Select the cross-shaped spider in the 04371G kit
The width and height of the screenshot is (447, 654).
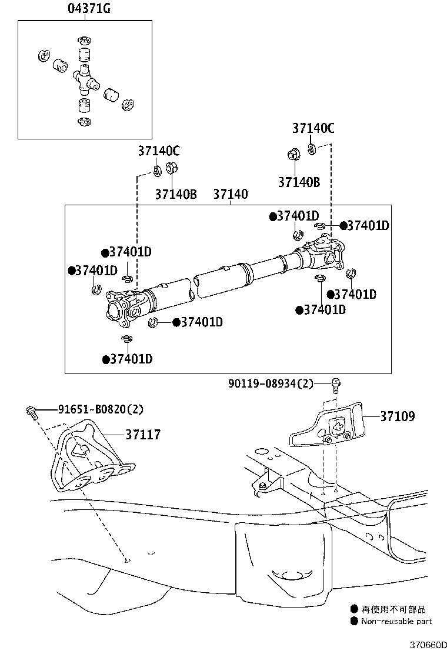pyautogui.click(x=84, y=80)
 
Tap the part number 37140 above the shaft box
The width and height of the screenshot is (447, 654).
pyautogui.click(x=230, y=194)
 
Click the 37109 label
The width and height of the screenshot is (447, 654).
pyautogui.click(x=397, y=416)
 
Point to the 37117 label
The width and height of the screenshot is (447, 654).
pyautogui.click(x=142, y=435)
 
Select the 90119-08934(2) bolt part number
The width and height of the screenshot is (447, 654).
pyautogui.click(x=271, y=384)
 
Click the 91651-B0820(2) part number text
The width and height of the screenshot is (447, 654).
pyautogui.click(x=100, y=409)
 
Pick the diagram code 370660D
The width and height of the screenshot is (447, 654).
pyautogui.click(x=426, y=645)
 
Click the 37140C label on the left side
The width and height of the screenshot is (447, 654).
pyautogui.click(x=159, y=151)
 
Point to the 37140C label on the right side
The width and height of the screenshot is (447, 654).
pyautogui.click(x=313, y=128)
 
